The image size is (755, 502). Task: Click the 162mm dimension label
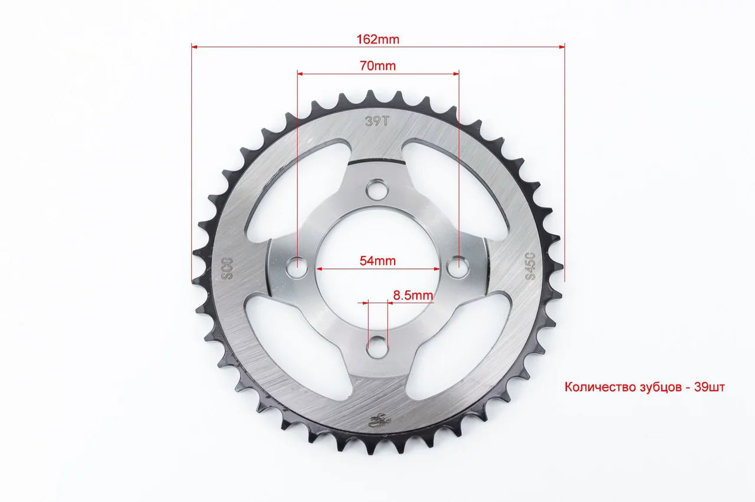[378, 40]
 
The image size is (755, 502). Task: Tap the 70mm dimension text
[378, 65]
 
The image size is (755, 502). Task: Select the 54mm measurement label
[377, 261]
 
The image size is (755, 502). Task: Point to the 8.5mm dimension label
[413, 296]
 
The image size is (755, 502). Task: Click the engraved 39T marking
[377, 121]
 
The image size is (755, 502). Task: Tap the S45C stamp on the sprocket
[530, 266]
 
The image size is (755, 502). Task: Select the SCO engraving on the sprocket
[227, 269]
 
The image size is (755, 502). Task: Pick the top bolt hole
[377, 189]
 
